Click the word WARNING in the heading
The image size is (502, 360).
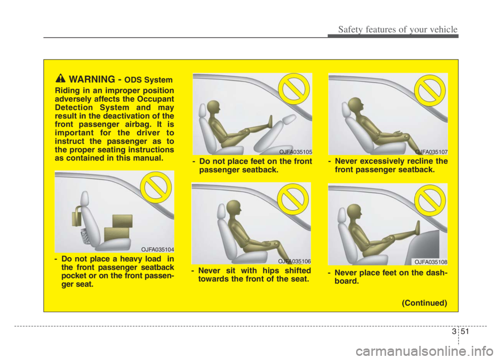coord(92,79)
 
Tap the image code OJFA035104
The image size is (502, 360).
coord(157,249)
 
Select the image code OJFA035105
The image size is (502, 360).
coord(295,152)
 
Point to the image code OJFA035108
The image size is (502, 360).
coord(430,262)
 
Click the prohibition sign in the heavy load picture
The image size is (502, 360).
coord(156,187)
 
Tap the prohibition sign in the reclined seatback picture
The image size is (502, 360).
coord(430,90)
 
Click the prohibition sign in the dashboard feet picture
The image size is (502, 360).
coord(430,200)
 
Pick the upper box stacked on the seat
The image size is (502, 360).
coord(122,221)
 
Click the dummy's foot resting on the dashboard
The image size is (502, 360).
coord(417,229)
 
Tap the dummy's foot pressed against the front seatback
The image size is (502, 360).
coord(270,122)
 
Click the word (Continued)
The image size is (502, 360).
coord(424,303)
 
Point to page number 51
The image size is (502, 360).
coord(464,331)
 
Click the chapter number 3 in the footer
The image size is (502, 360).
coord(454,331)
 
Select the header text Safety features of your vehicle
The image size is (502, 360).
coord(397,29)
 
